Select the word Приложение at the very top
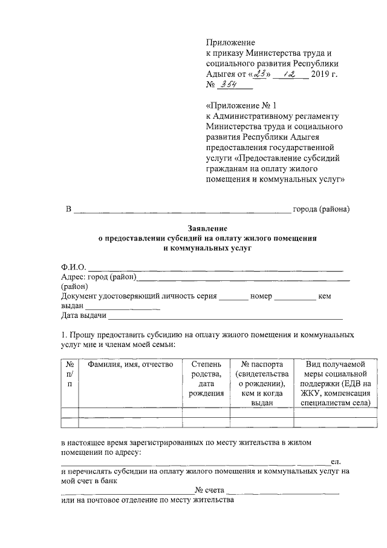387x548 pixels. [x=230, y=43]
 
